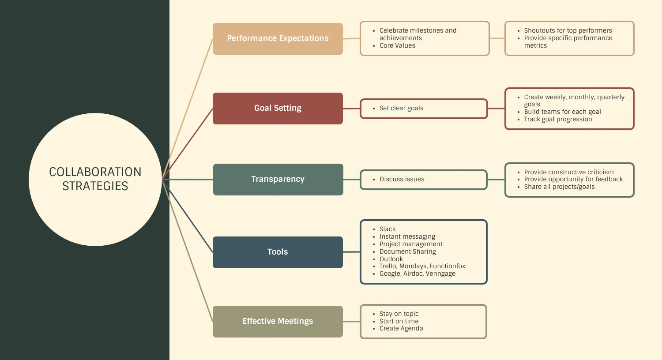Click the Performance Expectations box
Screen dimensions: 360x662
coord(278,39)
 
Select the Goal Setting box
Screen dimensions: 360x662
coord(278,109)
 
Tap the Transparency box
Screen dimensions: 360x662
coord(278,180)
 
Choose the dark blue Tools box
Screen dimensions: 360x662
coord(278,252)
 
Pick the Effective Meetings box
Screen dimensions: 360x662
coord(278,322)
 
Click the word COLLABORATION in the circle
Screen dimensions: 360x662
coord(95,172)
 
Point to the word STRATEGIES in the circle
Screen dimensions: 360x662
coord(95,186)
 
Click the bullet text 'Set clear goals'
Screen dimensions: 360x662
coord(401,109)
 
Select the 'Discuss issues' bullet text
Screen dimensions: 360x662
coord(402,180)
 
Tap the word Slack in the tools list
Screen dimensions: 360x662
coord(387,229)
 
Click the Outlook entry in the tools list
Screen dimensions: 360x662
coord(391,259)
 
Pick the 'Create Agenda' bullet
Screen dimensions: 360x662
coord(401,329)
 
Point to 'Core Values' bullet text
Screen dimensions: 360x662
coord(397,46)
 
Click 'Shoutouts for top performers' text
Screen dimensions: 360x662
coord(568,31)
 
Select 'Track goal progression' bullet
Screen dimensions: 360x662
coord(558,120)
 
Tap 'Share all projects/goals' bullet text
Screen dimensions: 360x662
coord(559,187)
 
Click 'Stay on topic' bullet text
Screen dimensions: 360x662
coord(399,314)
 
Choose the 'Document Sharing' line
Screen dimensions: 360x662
coord(407,252)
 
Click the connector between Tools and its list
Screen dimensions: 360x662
coord(351,252)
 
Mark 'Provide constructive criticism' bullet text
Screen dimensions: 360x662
coord(569,172)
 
